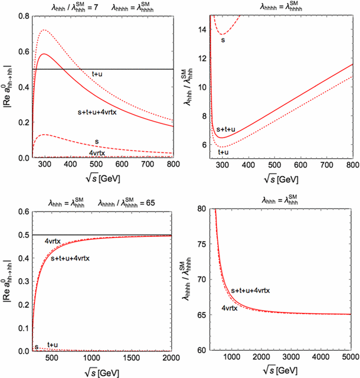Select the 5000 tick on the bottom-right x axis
[x=346, y=358]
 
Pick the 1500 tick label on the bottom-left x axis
[x=125, y=358]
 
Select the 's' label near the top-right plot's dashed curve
[x=223, y=40]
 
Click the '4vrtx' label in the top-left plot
[x=99, y=153]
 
